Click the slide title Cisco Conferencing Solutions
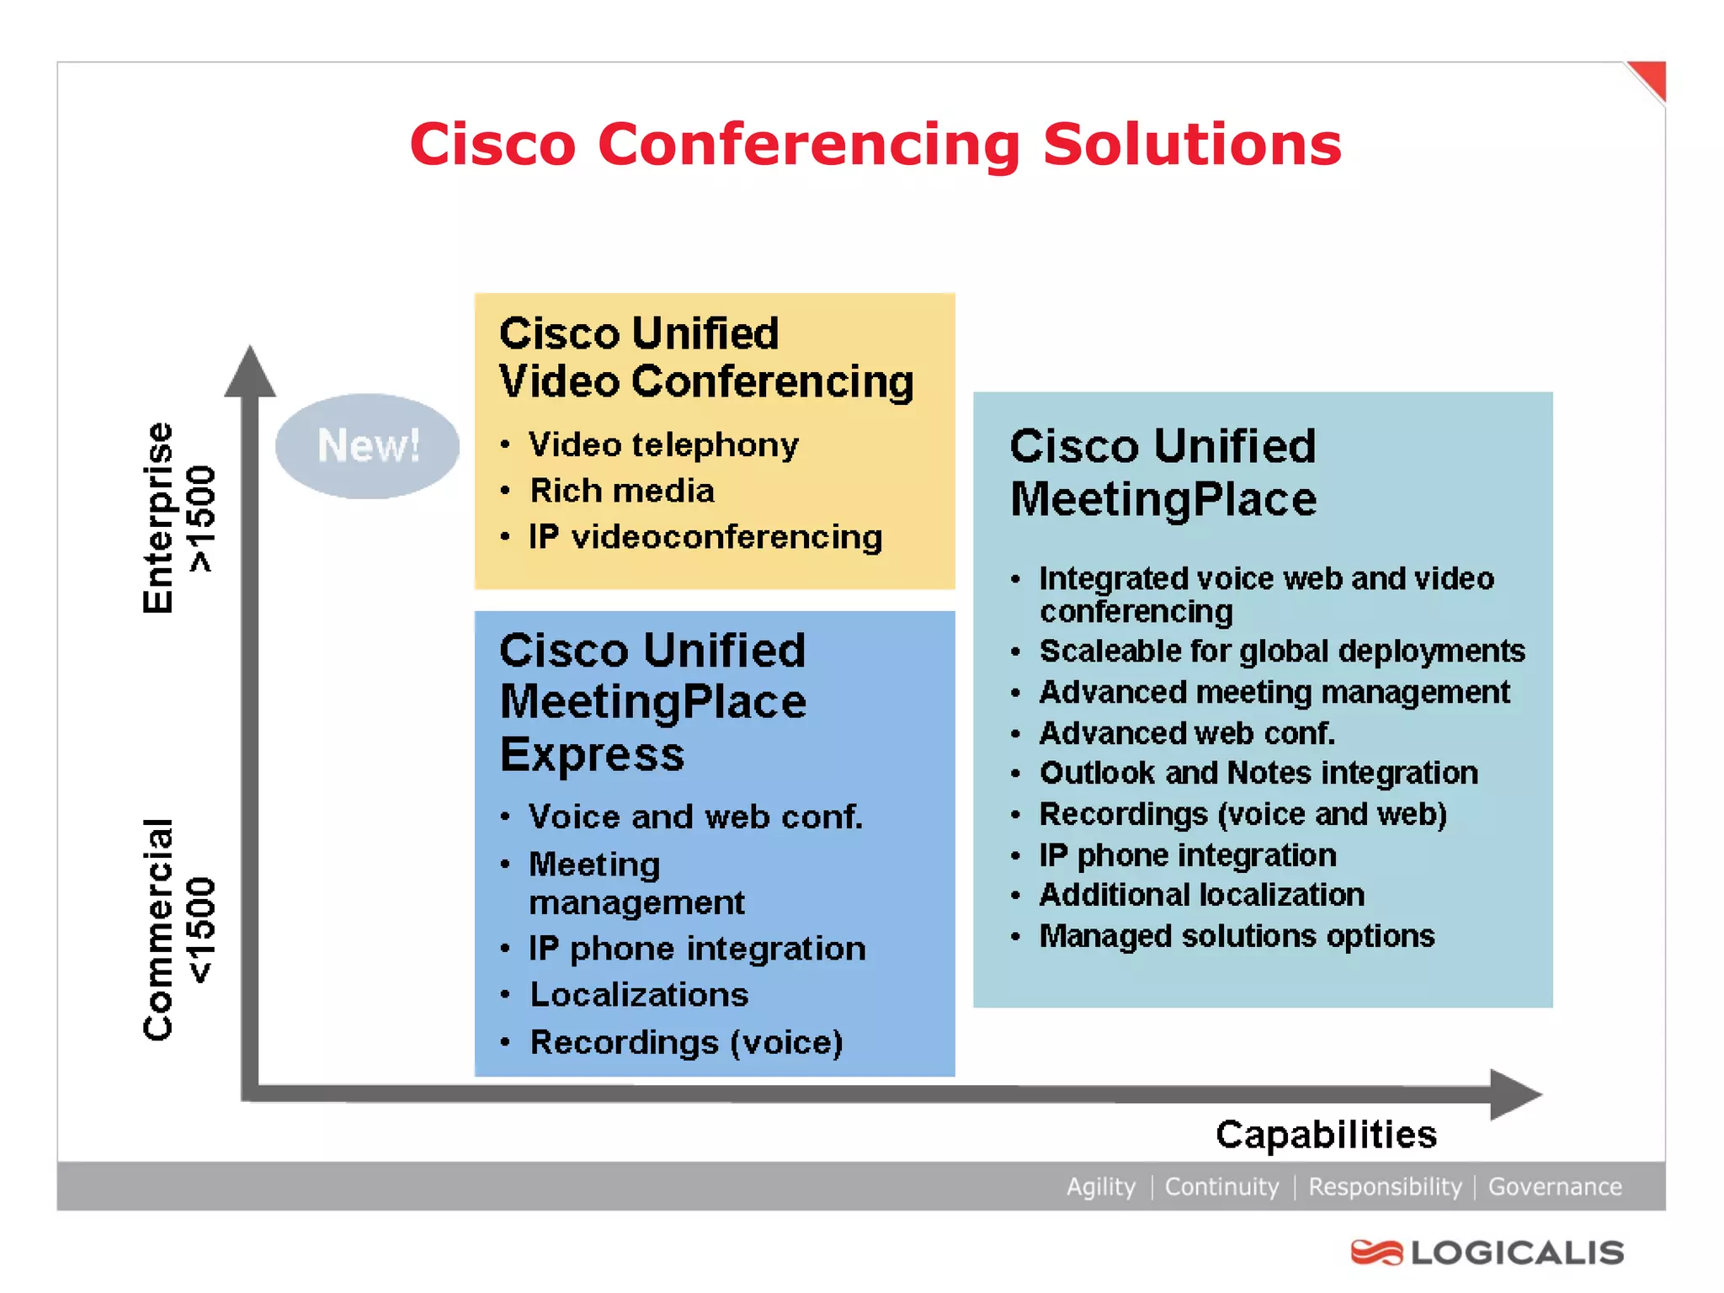tap(875, 144)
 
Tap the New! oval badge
tap(368, 445)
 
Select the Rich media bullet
tap(622, 491)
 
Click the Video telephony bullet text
tap(663, 444)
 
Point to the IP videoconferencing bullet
tap(705, 537)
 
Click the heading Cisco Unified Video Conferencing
tap(705, 358)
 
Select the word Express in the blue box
tap(592, 754)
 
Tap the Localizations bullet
tap(639, 995)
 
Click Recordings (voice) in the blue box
tap(686, 1042)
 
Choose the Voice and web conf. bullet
tap(695, 817)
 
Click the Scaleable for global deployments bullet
tap(1281, 651)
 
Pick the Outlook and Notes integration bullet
tap(1258, 773)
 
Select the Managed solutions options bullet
tap(1237, 936)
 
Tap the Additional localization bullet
tap(1202, 895)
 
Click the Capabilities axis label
tap(1326, 1135)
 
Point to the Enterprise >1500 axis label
tap(178, 518)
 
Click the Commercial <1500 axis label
tap(178, 929)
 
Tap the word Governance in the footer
tap(1554, 1187)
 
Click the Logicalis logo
tap(1487, 1253)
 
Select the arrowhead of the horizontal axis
tap(1514, 1094)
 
